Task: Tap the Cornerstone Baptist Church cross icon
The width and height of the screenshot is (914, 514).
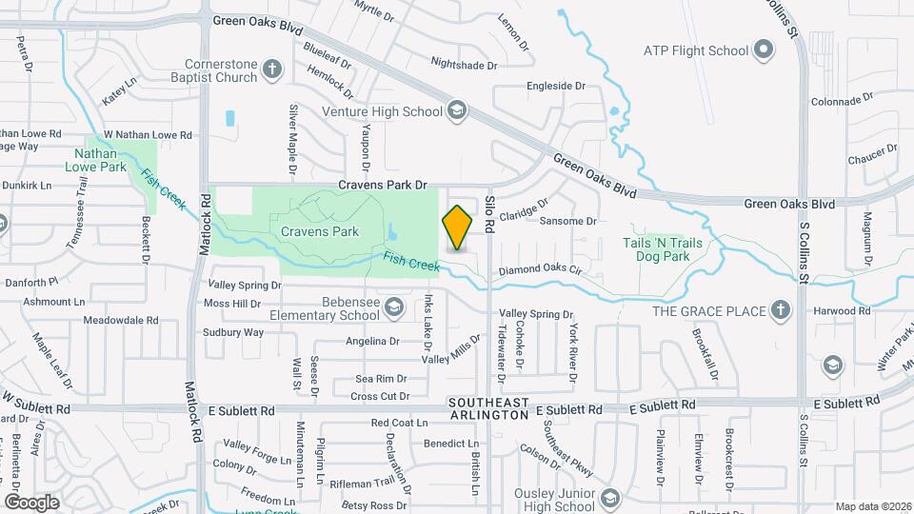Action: pos(272,69)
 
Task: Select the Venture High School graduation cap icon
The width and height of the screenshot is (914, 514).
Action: pos(456,111)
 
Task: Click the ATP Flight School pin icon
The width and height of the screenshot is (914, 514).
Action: pos(762,49)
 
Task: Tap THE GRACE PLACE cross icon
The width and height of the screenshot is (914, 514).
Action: pos(780,310)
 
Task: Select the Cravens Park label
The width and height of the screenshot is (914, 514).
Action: pos(319,231)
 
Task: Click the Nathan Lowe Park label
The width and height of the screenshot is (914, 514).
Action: pos(100,159)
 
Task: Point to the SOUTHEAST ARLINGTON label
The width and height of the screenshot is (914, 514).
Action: pos(488,409)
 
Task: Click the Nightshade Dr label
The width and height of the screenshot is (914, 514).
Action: pos(464,66)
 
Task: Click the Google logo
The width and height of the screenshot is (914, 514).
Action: pos(31,502)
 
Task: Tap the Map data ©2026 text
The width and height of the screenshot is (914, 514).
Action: pos(871,506)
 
